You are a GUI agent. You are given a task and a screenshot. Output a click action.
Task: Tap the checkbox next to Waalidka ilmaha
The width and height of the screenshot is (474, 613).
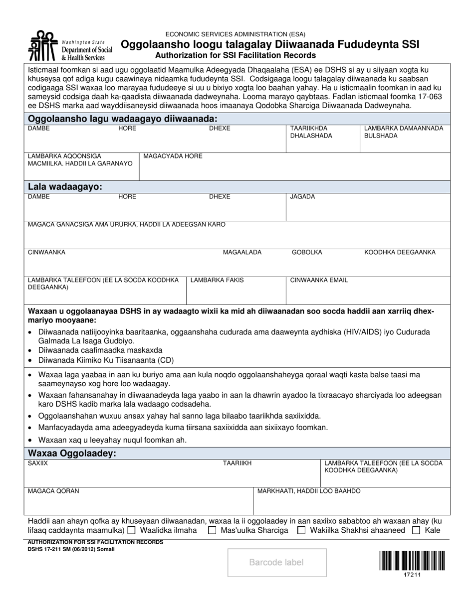coord(131,530)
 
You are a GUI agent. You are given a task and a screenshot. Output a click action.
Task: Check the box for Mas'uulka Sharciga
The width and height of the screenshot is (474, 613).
coord(212,530)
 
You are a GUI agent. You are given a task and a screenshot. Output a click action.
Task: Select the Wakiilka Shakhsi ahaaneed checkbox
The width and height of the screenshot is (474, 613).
coord(301,530)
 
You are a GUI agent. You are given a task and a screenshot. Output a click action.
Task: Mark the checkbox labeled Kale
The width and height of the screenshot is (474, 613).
coord(416,530)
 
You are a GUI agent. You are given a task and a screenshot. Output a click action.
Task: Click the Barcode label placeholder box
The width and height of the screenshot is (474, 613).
coord(277,563)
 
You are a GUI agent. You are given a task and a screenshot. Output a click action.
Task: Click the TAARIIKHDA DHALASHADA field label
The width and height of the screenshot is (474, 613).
coord(311,132)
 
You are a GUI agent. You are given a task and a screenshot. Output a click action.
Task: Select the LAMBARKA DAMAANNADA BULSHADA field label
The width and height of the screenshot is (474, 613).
coord(403,132)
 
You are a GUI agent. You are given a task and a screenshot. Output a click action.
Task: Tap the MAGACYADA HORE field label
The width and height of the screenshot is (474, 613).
coord(173,156)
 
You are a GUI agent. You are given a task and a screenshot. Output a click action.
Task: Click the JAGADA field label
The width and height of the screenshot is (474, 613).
coord(303,197)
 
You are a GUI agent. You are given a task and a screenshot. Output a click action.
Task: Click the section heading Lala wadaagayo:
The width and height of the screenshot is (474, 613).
coord(65,187)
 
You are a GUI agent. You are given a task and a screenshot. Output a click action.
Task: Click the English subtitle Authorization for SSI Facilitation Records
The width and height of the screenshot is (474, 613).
coord(236,55)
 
